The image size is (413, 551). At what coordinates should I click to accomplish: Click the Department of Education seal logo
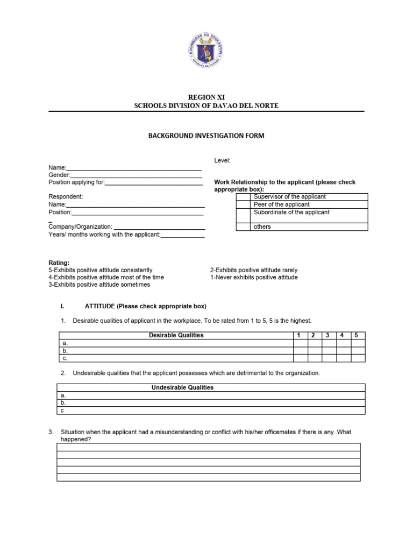pos(206,51)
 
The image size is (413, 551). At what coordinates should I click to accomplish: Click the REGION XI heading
pos(206,97)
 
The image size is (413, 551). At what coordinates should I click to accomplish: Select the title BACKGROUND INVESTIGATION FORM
pos(206,136)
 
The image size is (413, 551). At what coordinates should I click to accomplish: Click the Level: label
pos(222,161)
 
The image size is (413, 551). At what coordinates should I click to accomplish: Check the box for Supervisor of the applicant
pos(244,197)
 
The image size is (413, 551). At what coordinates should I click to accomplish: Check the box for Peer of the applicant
pos(244,204)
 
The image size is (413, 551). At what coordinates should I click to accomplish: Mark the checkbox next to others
pos(244,227)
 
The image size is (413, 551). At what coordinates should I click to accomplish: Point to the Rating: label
pos(59,263)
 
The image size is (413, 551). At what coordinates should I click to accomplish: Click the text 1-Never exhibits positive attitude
pos(253,278)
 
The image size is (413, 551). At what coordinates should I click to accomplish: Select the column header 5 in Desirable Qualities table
pos(358,335)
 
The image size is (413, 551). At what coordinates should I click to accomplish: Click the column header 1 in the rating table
pos(300,335)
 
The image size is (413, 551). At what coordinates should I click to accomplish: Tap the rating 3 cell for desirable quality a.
pos(329,343)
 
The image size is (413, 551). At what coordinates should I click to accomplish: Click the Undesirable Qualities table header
pos(183,387)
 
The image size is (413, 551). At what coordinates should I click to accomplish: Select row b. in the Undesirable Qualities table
pos(211,402)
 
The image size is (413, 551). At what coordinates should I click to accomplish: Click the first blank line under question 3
pos(208,447)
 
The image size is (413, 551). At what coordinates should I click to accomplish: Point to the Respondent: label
pos(66,197)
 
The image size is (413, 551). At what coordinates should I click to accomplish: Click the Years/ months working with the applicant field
pos(182,235)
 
